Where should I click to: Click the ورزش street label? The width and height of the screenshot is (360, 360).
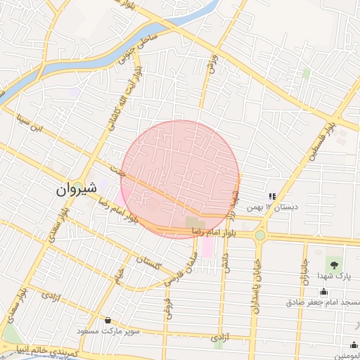point(210,65)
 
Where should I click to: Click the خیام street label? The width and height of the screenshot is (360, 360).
point(120,274)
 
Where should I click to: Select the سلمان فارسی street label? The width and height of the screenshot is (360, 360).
point(178,268)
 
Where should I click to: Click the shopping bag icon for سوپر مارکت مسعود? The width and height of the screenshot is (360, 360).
point(107,319)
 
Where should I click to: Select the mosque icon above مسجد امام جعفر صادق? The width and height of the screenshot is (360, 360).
point(323,291)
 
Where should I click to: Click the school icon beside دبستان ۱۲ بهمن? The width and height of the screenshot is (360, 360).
point(271,196)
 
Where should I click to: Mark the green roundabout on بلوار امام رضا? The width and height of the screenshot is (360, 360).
point(260,236)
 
